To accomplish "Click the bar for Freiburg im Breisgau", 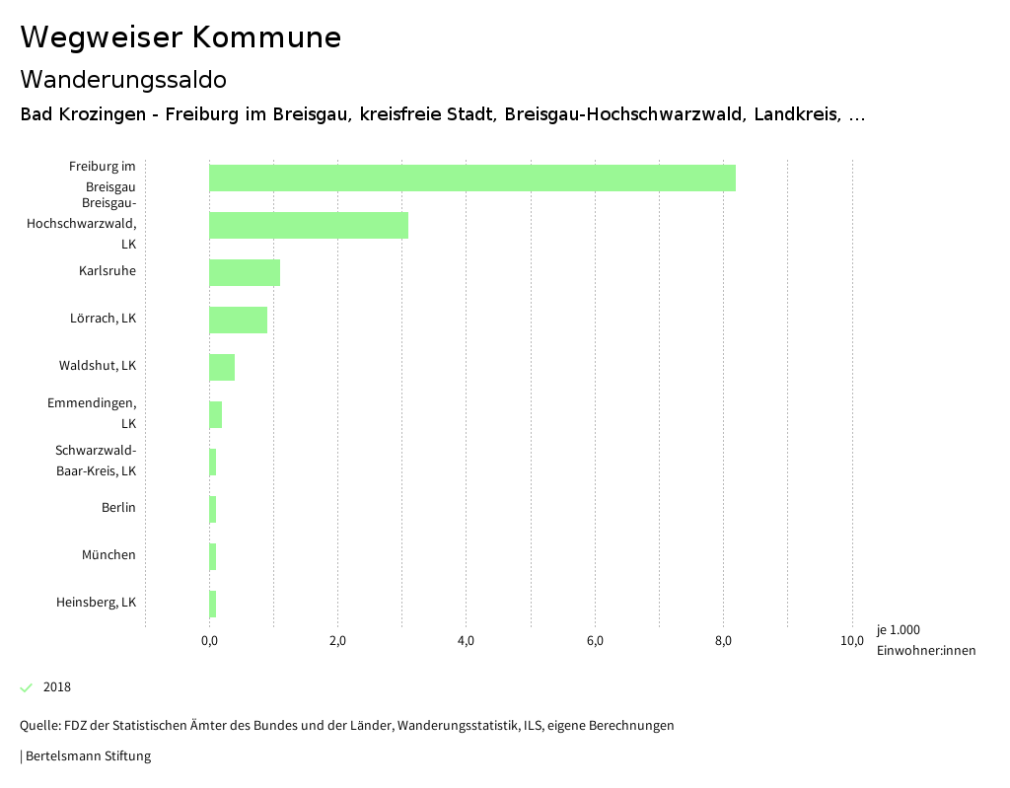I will (471, 178).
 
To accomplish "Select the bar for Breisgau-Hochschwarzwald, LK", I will (308, 225).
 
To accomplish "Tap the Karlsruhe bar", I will (244, 272).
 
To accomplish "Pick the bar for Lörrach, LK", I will (238, 320).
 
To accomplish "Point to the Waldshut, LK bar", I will (221, 367).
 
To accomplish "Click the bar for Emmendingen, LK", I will (215, 414).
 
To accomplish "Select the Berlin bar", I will (212, 509).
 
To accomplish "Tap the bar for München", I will (212, 556).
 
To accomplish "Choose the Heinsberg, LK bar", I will (212, 604).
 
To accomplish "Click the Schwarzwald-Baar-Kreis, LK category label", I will (96, 461).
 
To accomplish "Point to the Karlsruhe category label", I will (108, 271).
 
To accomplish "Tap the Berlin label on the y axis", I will (118, 508).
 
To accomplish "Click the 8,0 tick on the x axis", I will (723, 641).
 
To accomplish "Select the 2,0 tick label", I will (337, 641).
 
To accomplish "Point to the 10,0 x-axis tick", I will (852, 641).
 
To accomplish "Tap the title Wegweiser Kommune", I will (180, 36).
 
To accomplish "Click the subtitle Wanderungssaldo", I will (123, 79).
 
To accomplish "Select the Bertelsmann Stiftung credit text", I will (87, 756).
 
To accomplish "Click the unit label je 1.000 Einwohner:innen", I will (925, 640).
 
